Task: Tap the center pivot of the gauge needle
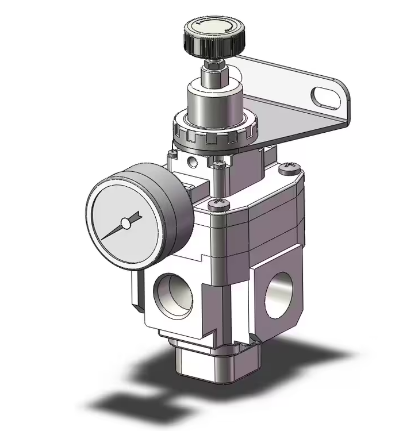(125, 223)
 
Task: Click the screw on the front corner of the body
(218, 205)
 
